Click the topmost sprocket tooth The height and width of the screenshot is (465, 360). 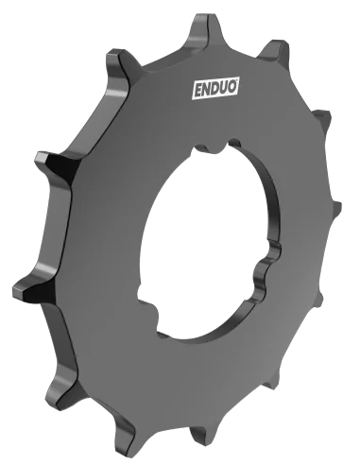[x=201, y=21]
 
